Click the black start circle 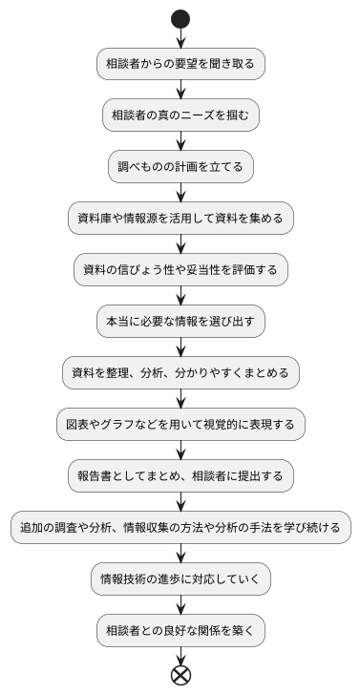tap(180, 18)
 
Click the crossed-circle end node tap(180, 675)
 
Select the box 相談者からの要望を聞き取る tap(180, 64)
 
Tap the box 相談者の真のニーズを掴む tap(180, 116)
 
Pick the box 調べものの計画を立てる tap(180, 167)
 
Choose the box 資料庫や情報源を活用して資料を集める tap(180, 219)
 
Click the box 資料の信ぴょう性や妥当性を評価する tap(180, 270)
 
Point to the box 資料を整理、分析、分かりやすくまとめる tap(180, 372)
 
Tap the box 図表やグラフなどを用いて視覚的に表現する tap(180, 424)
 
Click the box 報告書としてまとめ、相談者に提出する tap(180, 475)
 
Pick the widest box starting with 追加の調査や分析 tap(180, 527)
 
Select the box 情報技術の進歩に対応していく tap(180, 578)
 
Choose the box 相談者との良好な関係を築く tap(180, 630)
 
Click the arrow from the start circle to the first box tap(180, 38)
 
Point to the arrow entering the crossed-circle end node tap(180, 655)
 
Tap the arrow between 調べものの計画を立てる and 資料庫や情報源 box tap(180, 193)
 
